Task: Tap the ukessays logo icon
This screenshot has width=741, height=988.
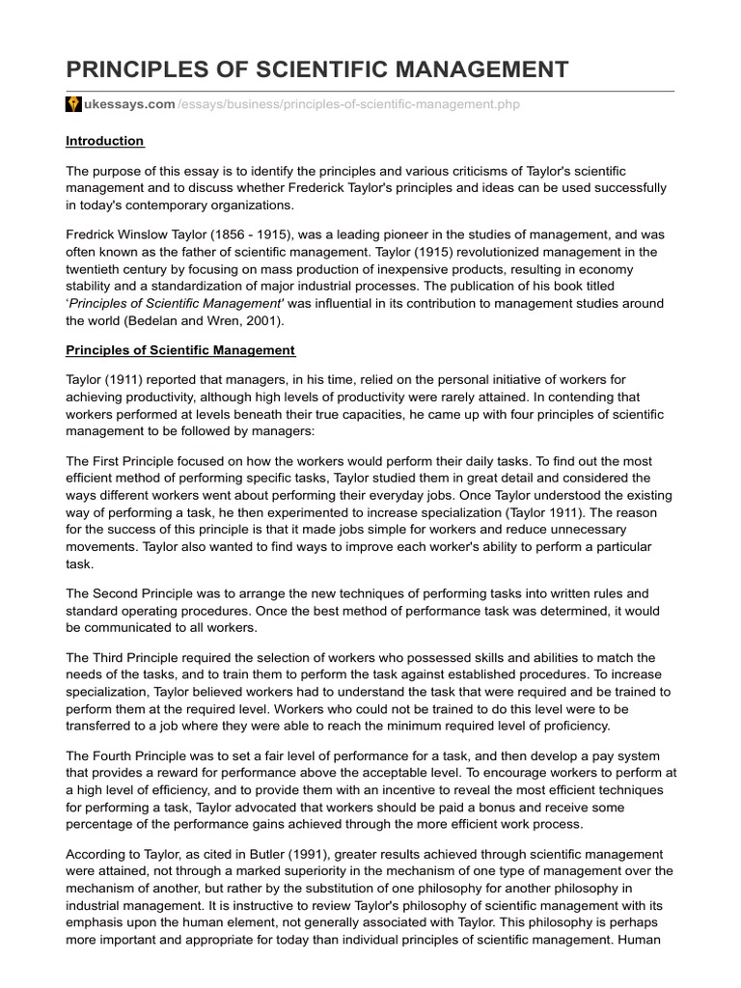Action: [73, 104]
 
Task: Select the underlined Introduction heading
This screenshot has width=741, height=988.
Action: [104, 141]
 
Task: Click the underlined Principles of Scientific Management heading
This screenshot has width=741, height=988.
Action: [180, 349]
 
